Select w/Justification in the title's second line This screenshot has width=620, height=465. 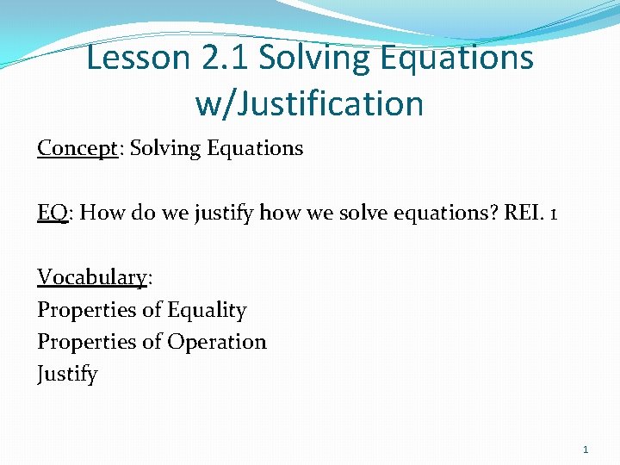point(309,103)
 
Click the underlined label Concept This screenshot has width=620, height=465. point(77,148)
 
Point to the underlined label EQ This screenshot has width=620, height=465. point(52,213)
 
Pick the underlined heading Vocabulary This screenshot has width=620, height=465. point(92,277)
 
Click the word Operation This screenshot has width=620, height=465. point(217,342)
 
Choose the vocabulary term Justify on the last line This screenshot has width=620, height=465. point(67,375)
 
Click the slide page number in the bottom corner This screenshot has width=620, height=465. point(586,449)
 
